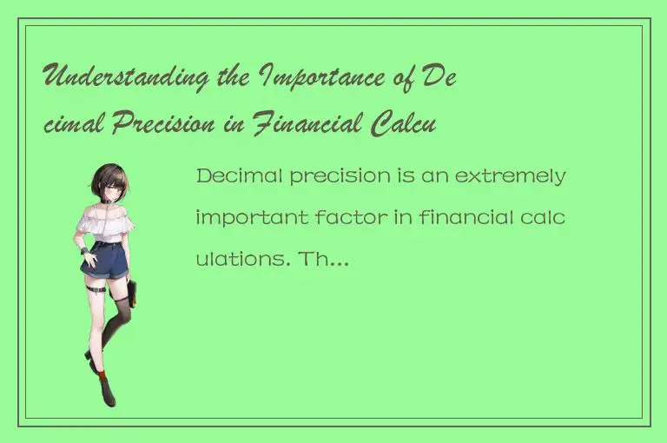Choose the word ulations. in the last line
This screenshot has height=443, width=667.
click(252, 257)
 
